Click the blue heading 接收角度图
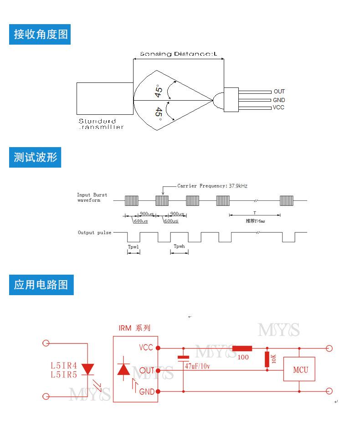tap(41, 34)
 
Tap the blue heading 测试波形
tap(35, 158)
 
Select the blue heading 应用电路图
tap(41, 285)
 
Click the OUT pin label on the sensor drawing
tap(279, 92)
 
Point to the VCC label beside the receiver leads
tap(278, 107)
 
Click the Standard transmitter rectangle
tap(105, 98)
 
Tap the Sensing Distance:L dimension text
tap(179, 54)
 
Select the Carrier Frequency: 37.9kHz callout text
tap(212, 186)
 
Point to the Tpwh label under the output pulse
tap(179, 246)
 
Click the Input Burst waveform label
tap(92, 198)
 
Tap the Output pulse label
tap(94, 233)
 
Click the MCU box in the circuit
tap(299, 369)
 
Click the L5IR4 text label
tap(63, 365)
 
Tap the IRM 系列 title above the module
tap(134, 328)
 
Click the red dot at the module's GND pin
tap(158, 391)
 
